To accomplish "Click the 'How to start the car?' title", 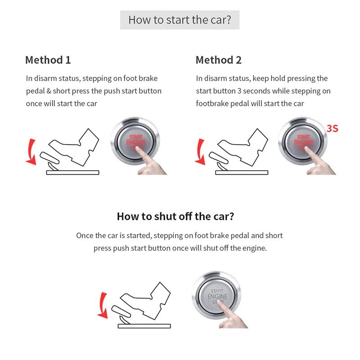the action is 180,20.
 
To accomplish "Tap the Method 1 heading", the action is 48,60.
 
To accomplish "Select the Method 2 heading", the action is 219,60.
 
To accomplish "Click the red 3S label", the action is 332,128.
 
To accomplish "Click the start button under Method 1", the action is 135,141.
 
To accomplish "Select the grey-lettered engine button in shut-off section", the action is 216,295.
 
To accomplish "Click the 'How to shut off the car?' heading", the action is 175,216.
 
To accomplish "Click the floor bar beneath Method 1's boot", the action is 72,172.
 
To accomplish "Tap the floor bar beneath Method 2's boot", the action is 242,172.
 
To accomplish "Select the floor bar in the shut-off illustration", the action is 144,326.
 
